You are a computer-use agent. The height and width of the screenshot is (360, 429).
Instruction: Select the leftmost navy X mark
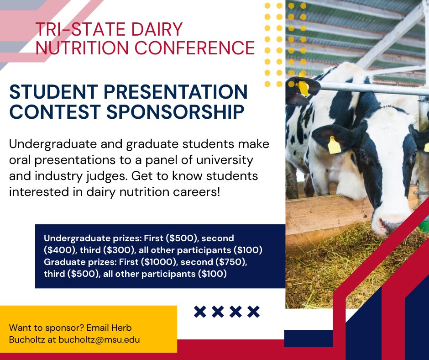pos(200,312)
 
